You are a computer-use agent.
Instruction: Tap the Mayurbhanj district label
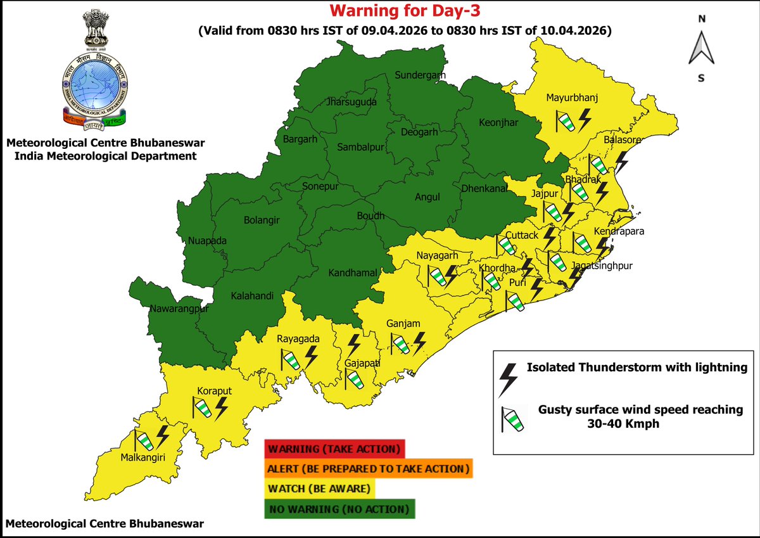coord(572,98)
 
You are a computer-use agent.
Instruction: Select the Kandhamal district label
coord(353,273)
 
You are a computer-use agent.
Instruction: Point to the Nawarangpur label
coord(179,309)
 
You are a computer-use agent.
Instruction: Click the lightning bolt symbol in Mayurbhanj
coord(585,118)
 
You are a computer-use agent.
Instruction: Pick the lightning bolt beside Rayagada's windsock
coord(310,357)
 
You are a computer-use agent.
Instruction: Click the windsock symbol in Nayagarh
coord(436,276)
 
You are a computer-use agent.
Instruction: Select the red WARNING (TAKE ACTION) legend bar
coord(334,449)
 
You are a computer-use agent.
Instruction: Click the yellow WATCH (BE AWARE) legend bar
coord(320,489)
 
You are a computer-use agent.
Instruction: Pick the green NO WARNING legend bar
coord(339,509)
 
